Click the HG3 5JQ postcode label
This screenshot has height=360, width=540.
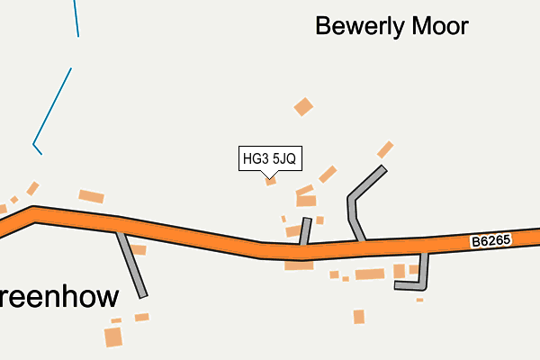point(270,158)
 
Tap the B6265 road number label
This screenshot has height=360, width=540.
point(490,240)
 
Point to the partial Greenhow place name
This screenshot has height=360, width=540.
point(59,297)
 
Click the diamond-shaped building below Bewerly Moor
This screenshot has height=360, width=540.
point(303,107)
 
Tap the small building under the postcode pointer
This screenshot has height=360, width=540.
point(271,181)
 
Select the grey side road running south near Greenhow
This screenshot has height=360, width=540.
point(132,265)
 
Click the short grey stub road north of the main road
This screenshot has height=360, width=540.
point(305,231)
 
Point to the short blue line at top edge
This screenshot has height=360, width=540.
point(76,18)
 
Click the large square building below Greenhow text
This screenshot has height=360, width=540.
point(113,337)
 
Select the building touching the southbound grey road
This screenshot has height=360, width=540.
point(139,250)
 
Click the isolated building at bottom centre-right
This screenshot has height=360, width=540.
point(359,317)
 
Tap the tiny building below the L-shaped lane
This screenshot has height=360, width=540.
point(419,300)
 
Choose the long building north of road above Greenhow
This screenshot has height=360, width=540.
point(91,196)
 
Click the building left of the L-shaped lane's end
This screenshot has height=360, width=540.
point(400,271)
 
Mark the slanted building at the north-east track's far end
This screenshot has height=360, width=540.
point(385,149)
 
